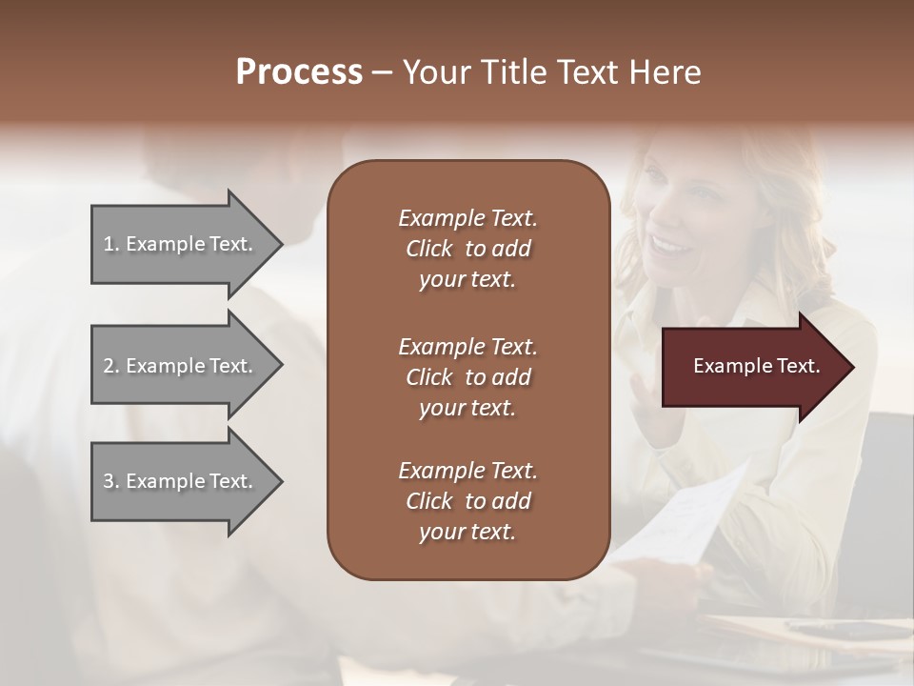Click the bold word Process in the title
pyautogui.click(x=299, y=71)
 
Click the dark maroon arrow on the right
pyautogui.click(x=752, y=367)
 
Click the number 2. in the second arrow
pyautogui.click(x=111, y=366)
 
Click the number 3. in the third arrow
pyautogui.click(x=111, y=481)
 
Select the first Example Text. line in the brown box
pyautogui.click(x=467, y=218)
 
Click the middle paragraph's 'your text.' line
pyautogui.click(x=467, y=408)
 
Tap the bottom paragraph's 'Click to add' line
pyautogui.click(x=467, y=501)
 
